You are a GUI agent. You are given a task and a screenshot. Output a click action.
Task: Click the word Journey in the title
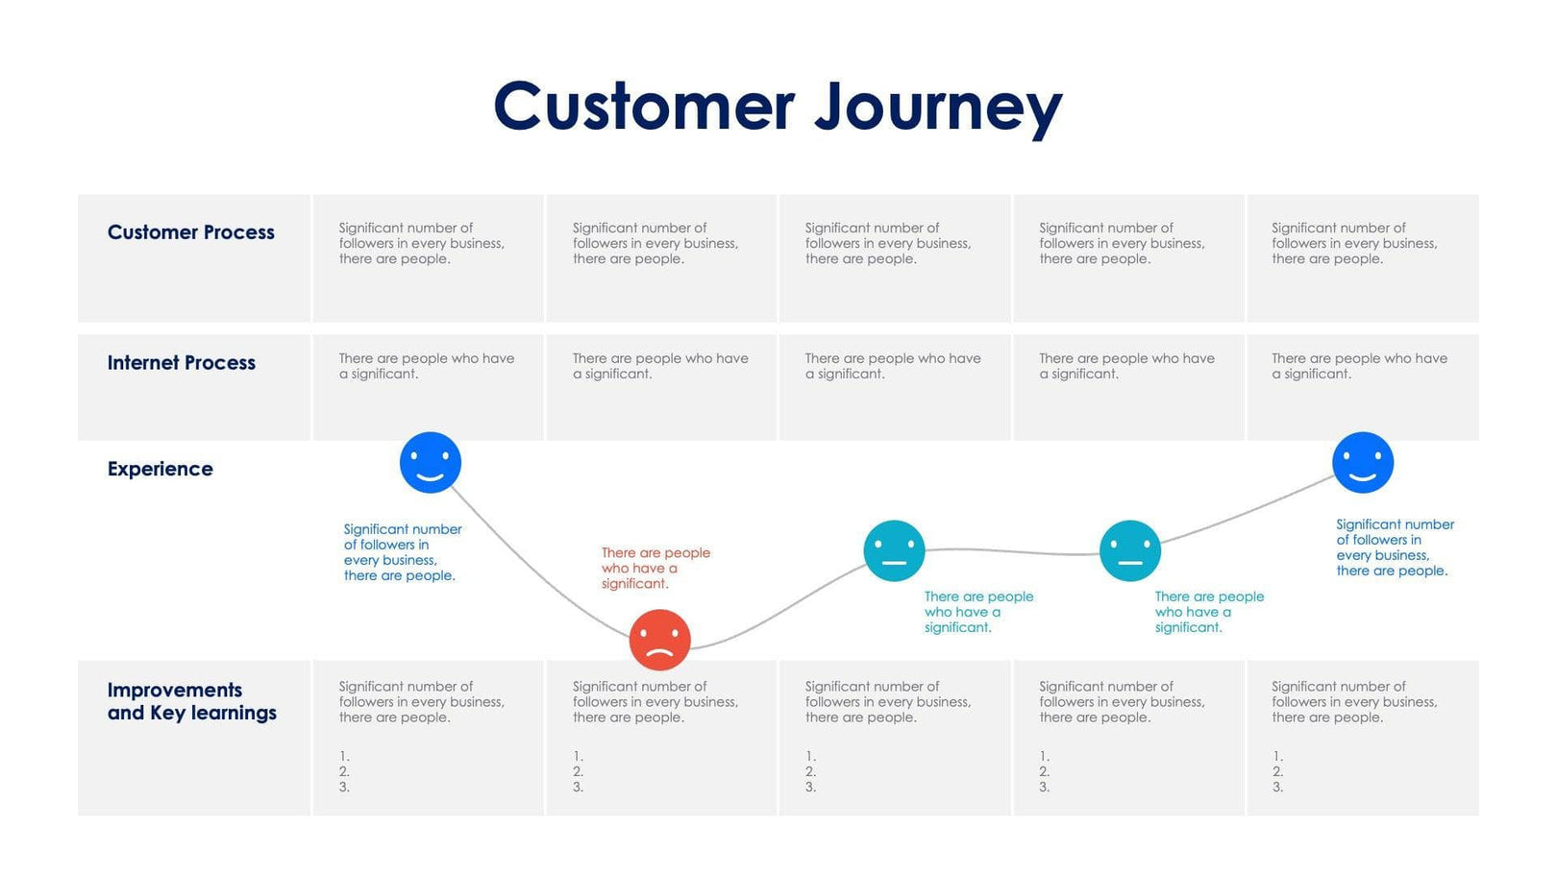point(938,107)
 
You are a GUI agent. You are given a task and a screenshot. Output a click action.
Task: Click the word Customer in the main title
point(644,107)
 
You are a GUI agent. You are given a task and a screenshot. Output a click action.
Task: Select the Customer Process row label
point(190,232)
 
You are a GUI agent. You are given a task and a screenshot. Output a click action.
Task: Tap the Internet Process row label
point(181,363)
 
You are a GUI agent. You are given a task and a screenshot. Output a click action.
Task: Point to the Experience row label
point(160,469)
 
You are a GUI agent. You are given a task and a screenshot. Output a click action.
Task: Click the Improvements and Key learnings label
point(191,701)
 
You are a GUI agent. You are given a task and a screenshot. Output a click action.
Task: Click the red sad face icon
point(659,640)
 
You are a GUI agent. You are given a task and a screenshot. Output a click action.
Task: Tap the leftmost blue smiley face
point(430,463)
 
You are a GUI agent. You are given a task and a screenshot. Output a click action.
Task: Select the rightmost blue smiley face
point(1362,463)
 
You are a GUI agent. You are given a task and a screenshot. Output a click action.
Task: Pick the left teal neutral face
point(894,551)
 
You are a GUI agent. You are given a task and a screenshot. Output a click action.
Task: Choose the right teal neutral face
point(1129,551)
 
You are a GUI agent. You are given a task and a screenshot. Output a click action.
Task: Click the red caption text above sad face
point(655,568)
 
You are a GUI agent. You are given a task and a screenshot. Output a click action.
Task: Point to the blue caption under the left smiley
point(402,552)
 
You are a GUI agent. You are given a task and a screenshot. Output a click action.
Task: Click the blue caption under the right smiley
point(1394,547)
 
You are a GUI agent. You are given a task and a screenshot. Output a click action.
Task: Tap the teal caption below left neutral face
point(977,612)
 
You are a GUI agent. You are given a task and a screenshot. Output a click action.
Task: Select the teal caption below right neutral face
point(1208,612)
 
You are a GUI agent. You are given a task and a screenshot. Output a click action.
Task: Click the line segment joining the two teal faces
point(1012,551)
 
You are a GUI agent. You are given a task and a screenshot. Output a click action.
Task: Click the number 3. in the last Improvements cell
point(1277,788)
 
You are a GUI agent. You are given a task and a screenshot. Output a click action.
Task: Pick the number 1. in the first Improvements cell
point(344,757)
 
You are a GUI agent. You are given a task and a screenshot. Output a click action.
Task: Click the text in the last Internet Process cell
point(1358,366)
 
